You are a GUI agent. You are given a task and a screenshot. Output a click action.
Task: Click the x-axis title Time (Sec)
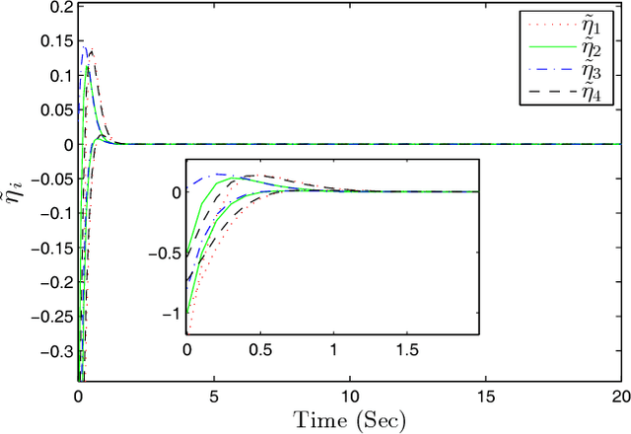(x=350, y=418)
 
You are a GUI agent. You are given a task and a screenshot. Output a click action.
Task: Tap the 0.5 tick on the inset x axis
(x=260, y=349)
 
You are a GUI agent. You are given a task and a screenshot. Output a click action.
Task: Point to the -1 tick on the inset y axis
(x=172, y=313)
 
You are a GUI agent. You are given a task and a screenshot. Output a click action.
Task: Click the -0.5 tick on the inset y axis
(x=165, y=253)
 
